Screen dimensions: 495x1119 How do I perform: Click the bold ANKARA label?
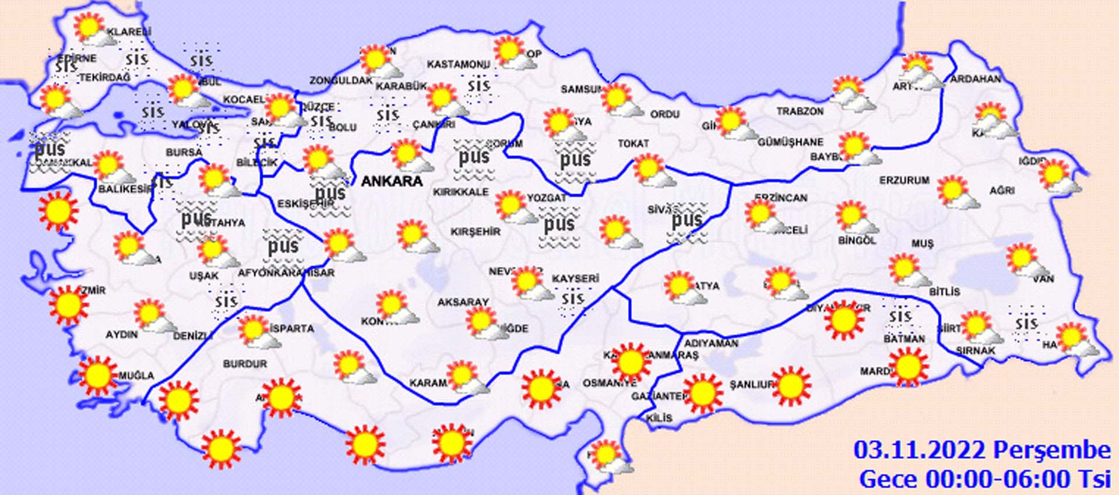[392, 181]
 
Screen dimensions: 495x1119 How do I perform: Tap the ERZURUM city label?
[905, 181]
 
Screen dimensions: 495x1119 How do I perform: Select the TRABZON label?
[800, 111]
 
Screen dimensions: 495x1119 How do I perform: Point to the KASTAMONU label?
[458, 64]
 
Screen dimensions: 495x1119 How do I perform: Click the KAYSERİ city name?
[575, 279]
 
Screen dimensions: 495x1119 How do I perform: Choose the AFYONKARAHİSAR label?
[286, 273]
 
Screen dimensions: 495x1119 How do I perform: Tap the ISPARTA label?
[292, 328]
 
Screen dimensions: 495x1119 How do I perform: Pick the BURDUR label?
[245, 364]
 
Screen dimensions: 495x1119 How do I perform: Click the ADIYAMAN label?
[711, 343]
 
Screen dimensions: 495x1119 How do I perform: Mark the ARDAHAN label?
[976, 79]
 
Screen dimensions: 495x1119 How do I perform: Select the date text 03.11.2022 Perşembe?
[982, 450]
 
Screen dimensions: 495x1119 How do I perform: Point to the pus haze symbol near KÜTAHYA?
[196, 217]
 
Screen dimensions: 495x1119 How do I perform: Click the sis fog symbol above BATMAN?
[900, 317]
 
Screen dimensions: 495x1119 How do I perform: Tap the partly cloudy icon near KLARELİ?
[93, 30]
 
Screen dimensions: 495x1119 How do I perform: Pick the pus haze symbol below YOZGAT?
[559, 224]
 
